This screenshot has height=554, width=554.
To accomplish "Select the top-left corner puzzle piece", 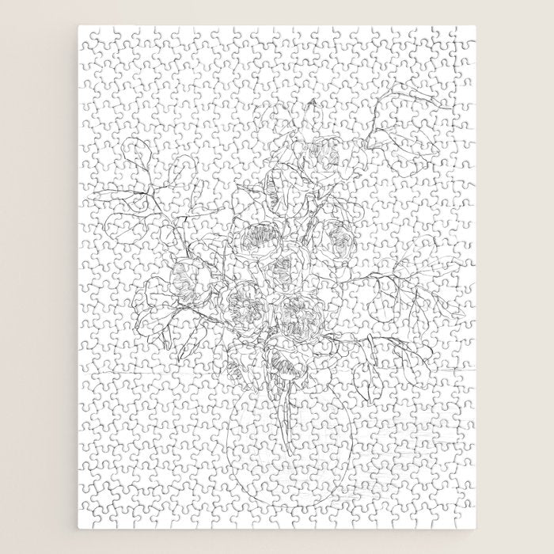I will [89, 35].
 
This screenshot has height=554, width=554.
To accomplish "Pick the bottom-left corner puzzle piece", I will [89, 518].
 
